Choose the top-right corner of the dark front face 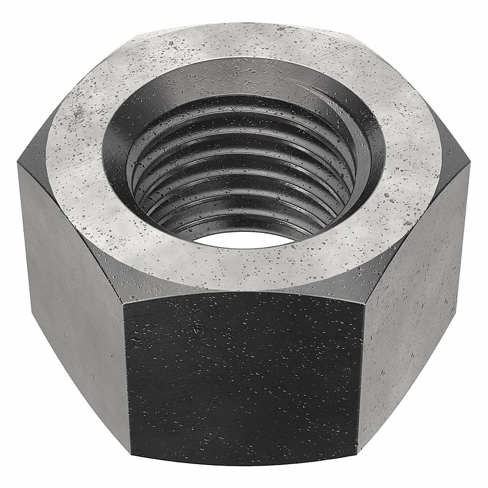[365, 304]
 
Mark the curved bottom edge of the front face [244, 472]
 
